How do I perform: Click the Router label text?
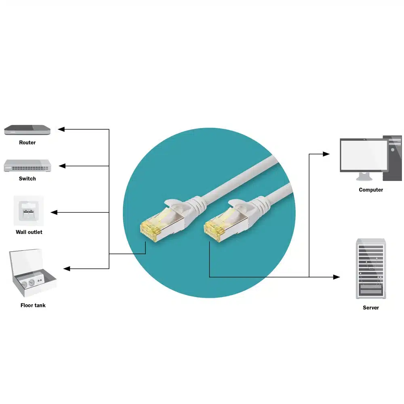point(27,143)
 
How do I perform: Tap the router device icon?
point(27,130)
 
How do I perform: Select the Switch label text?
point(27,179)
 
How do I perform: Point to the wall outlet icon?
point(29,211)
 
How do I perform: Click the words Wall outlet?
point(29,232)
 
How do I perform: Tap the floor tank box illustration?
point(33,273)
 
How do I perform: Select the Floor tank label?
point(33,305)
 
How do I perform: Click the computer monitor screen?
point(364,156)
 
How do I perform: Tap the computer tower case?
point(392,158)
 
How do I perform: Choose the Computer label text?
point(371,190)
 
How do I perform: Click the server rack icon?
point(371,269)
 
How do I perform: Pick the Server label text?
point(371,307)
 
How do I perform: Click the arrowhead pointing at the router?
point(61,129)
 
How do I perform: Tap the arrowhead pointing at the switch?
point(62,166)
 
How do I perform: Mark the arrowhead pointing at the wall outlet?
point(54,213)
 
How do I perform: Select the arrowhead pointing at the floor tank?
point(67,269)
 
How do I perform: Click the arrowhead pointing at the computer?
point(326,154)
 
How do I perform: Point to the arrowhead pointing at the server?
point(337,277)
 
